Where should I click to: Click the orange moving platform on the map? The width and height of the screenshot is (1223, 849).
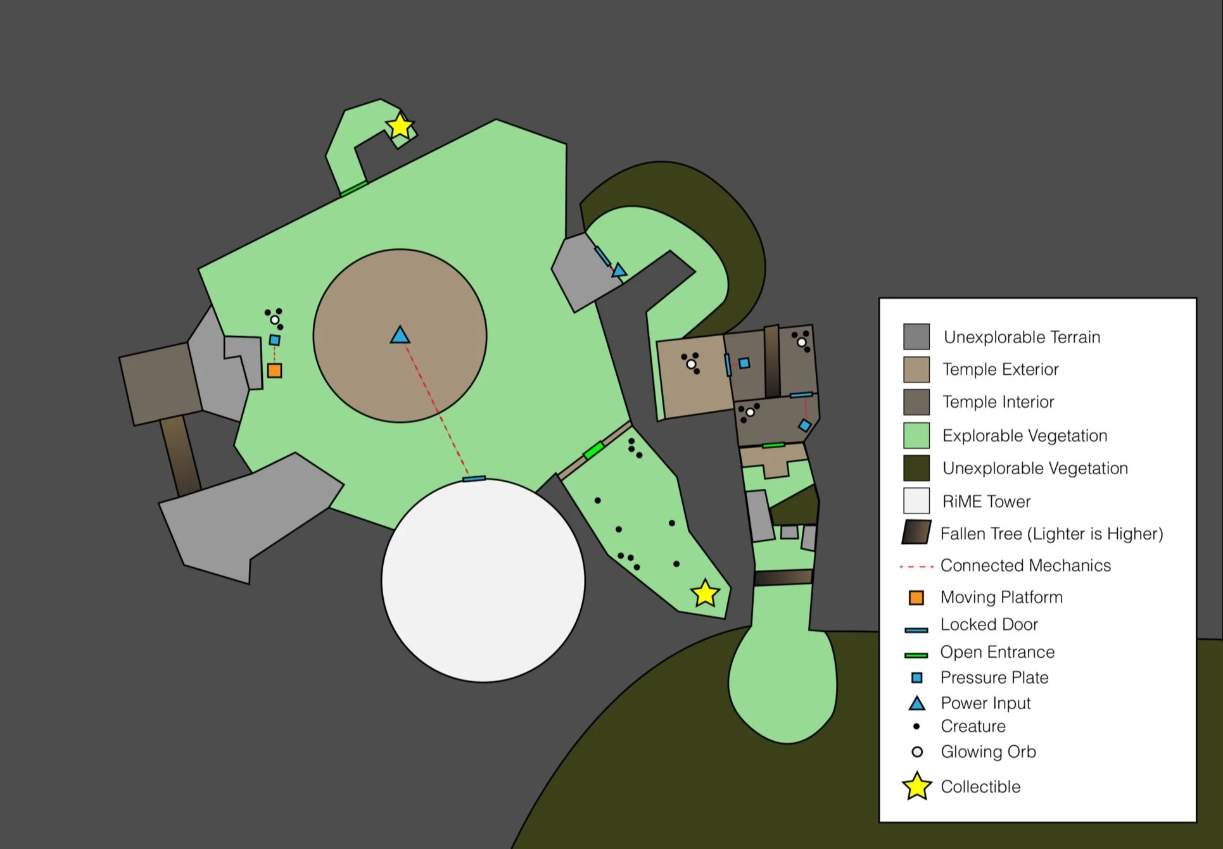274,370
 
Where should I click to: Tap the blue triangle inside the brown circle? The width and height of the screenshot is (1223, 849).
400,336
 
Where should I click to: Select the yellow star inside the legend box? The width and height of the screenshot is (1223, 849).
916,786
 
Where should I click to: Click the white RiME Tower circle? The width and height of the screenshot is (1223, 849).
483,580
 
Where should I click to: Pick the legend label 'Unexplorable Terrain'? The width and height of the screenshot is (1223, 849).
1022,337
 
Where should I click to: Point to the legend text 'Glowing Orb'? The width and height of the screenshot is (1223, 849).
988,752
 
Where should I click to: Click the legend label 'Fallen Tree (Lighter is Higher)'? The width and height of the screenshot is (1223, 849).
1051,534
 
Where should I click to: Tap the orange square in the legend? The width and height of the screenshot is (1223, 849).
916,597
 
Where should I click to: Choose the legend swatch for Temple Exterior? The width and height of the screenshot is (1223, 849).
916,369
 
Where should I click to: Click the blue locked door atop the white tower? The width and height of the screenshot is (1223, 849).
474,479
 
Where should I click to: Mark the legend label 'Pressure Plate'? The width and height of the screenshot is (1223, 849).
994,677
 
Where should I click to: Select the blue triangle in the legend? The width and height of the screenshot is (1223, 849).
916,703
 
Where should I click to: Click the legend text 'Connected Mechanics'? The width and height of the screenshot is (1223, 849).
1025,565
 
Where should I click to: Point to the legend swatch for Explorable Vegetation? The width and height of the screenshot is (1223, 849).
916,436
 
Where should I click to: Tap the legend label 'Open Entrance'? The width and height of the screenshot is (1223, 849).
997,652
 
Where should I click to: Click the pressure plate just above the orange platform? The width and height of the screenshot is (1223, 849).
274,340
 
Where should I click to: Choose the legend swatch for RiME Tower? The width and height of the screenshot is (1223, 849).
916,501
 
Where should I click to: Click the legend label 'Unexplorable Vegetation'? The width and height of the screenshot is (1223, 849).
1035,468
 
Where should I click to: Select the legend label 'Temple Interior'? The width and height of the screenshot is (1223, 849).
998,402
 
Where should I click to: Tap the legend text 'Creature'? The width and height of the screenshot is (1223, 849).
973,726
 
